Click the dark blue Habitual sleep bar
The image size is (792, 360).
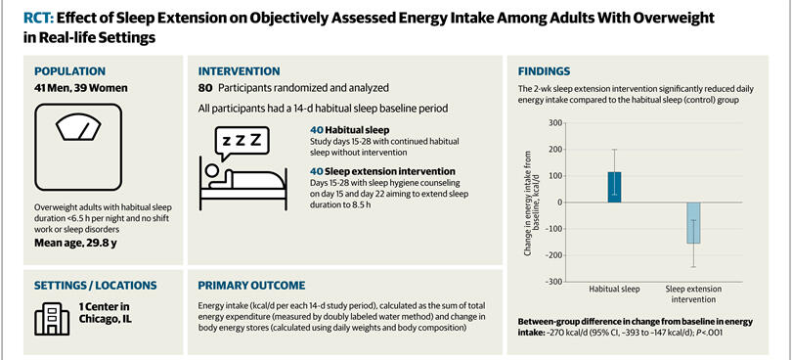(615, 187)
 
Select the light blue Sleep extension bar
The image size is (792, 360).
(693, 223)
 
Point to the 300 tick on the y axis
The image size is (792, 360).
(555, 123)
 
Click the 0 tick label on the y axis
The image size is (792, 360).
(559, 202)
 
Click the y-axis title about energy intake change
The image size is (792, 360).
(532, 202)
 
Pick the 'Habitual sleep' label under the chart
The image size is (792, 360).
(614, 290)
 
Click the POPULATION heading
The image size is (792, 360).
(69, 71)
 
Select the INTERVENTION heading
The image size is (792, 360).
(239, 71)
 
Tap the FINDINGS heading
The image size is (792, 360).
(544, 71)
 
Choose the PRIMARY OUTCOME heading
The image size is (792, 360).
(251, 286)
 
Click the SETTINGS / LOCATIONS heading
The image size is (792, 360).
(96, 286)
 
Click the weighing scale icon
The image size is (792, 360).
(78, 147)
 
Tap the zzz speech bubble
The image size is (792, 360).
(242, 143)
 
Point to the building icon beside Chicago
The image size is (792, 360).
(52, 319)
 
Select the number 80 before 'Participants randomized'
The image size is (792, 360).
(205, 88)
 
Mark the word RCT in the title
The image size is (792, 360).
(38, 19)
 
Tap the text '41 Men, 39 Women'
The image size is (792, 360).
(81, 88)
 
